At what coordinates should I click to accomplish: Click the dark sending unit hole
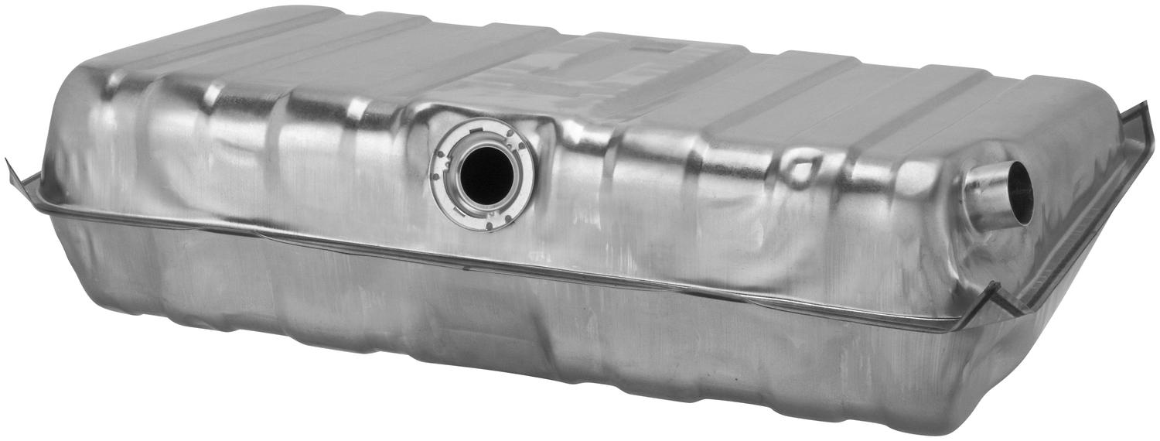486,176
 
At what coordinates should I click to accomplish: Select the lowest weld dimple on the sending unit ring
489,226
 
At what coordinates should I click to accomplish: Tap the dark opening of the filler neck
1020,193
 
